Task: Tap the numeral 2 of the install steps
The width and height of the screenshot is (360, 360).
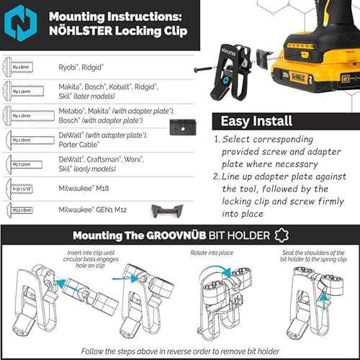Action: pos(216,176)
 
